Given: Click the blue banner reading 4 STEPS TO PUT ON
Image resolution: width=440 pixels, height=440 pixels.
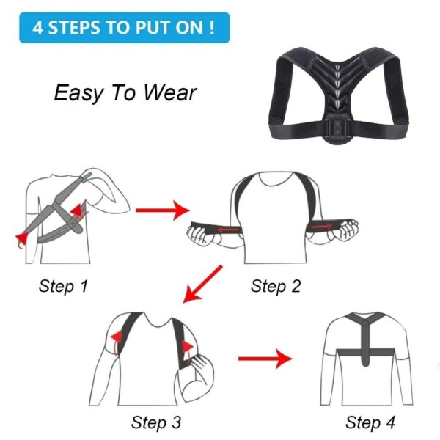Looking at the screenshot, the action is point(125,28).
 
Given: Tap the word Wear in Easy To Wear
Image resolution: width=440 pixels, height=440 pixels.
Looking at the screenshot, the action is point(170,93).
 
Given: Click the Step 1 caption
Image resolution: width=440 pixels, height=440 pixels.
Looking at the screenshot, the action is point(63,286).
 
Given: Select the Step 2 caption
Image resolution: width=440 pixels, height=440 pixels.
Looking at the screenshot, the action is point(276,286).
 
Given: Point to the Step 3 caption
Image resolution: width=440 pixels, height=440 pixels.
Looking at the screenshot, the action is point(156,422).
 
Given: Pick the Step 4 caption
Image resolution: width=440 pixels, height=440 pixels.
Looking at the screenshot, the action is point(370,422).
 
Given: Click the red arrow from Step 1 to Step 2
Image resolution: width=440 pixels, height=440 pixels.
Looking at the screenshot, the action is point(163,210).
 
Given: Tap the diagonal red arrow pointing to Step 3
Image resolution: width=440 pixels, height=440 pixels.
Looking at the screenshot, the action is point(202,284).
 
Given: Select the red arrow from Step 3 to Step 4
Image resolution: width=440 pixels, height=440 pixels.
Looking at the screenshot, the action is point(265,359).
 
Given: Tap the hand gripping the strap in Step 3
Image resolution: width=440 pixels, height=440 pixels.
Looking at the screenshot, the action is point(199,370).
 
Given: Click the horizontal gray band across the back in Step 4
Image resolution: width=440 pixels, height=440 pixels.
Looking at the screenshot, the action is point(366,352).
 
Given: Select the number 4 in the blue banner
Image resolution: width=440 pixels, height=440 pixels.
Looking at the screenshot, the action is point(37,28).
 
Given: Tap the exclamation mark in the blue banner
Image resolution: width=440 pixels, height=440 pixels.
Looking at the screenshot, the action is point(212,28).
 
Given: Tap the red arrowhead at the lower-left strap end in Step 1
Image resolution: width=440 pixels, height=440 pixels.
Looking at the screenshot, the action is point(22,238).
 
